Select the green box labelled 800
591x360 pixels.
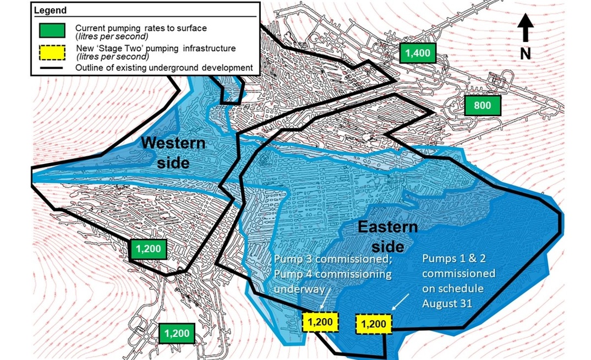(x=482, y=106)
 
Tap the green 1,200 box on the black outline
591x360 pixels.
(x=147, y=249)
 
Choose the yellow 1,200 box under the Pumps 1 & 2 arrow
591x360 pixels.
(x=374, y=324)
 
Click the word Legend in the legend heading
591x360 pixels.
(x=50, y=10)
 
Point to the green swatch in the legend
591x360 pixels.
(x=53, y=30)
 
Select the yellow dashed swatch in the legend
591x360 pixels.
(x=53, y=51)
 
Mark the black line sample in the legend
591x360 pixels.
(x=53, y=68)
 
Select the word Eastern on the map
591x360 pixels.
(x=388, y=227)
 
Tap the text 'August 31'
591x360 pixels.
(x=447, y=303)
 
